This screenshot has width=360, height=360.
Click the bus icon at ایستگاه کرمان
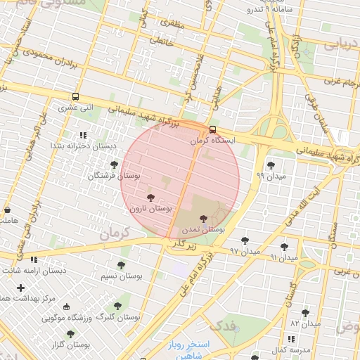[x=213, y=129]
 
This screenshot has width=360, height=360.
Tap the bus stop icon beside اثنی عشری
[x=75, y=98]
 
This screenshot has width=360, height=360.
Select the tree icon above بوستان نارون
[x=150, y=198]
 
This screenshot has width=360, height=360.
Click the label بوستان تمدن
[x=203, y=229]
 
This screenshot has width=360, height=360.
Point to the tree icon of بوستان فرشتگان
[x=114, y=164]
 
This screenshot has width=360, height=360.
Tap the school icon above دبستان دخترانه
[x=83, y=134]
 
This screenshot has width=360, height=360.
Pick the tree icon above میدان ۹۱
[x=284, y=247]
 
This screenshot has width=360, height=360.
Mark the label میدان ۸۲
[x=305, y=323]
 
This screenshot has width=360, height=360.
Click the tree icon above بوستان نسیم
[x=121, y=265]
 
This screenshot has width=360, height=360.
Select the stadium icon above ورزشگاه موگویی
[x=67, y=307]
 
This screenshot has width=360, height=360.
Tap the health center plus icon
[x=20, y=288]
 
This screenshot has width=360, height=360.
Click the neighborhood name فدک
[x=224, y=326]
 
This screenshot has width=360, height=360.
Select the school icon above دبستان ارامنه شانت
[x=34, y=259]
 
